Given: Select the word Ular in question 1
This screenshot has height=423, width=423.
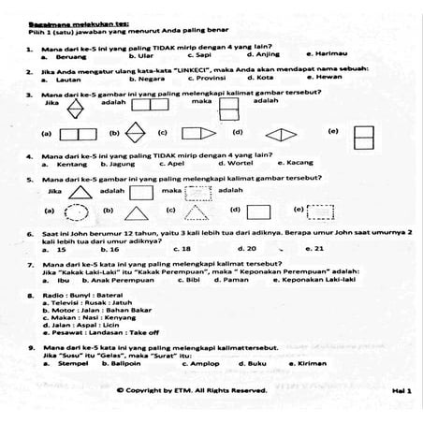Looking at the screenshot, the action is (144, 55).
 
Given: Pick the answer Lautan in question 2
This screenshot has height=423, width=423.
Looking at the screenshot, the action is (67, 80).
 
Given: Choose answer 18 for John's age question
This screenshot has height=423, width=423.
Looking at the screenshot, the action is (184, 248).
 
